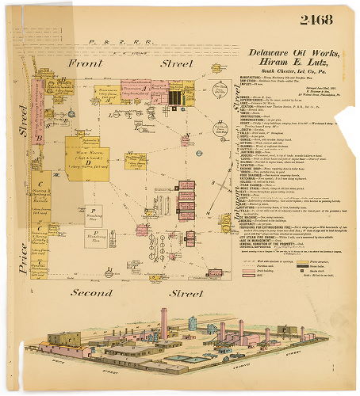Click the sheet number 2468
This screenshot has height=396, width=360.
pos(316,19)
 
